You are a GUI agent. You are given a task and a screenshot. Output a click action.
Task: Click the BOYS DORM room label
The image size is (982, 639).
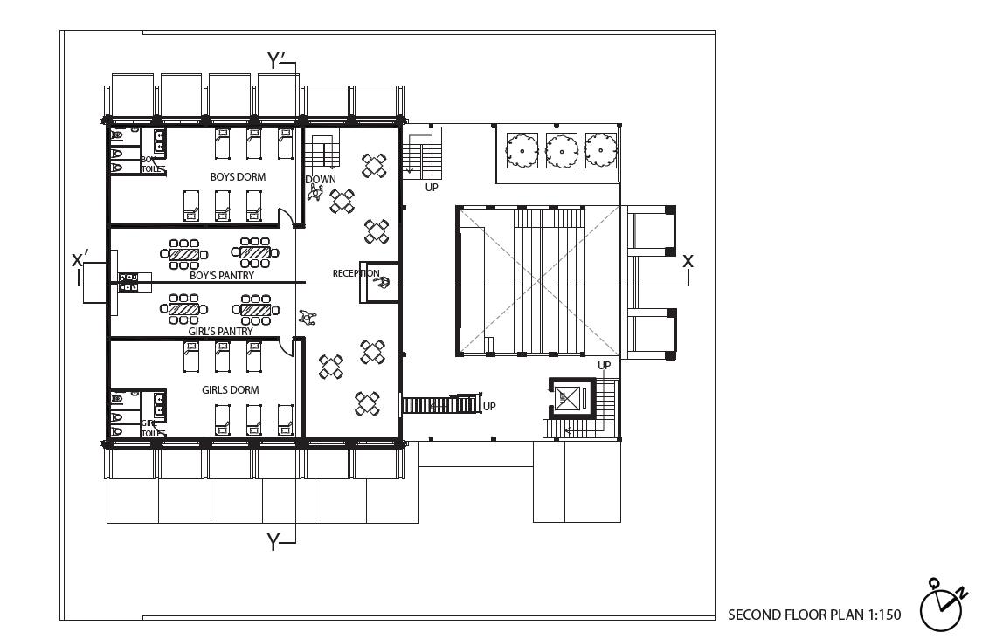point(238,177)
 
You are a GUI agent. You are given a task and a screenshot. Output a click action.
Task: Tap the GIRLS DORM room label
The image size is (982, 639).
point(230,390)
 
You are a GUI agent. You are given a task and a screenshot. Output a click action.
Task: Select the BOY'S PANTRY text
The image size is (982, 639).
point(222,276)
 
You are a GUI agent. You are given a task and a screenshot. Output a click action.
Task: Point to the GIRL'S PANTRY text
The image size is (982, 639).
point(221,332)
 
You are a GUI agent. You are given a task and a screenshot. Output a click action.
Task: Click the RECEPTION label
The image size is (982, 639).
point(356,273)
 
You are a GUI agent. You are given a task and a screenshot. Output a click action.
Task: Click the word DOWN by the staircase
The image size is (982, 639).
point(321,180)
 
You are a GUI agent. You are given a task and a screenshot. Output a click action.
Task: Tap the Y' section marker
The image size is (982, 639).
point(277,59)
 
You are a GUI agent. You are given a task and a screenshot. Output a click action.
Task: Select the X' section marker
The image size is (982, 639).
point(80,259)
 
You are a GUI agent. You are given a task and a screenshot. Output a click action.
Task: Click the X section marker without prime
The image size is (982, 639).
point(688,260)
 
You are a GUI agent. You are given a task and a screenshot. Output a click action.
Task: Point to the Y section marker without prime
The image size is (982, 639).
point(273,542)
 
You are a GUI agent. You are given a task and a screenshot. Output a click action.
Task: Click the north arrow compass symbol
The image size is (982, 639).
point(941,604)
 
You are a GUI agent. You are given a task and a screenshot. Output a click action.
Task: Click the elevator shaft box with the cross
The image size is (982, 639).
point(568,398)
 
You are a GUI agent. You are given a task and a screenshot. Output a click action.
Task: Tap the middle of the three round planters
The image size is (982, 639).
point(561,150)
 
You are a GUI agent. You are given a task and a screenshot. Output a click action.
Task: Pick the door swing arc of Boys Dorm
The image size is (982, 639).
point(283,216)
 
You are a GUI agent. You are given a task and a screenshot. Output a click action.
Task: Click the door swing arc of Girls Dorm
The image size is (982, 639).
point(284,347)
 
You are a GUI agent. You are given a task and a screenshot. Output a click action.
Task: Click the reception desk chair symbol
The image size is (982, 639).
point(383,283)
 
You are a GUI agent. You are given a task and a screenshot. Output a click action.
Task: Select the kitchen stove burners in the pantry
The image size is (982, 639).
point(128,281)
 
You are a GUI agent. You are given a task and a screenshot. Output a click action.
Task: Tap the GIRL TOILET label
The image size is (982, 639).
point(153,428)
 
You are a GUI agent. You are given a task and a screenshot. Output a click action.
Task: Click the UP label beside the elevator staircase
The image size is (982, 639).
point(605,365)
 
